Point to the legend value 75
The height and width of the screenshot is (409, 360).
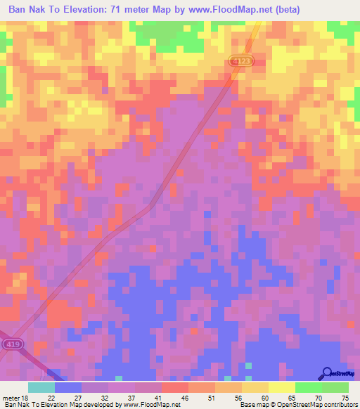click(345, 398)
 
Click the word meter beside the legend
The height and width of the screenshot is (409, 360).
click(10, 398)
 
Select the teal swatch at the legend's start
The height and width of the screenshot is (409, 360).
click(41, 387)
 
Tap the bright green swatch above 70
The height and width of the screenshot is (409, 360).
click(308, 387)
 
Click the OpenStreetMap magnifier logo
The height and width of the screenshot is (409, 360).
click(326, 373)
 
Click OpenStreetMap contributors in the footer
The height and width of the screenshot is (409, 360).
click(316, 405)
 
